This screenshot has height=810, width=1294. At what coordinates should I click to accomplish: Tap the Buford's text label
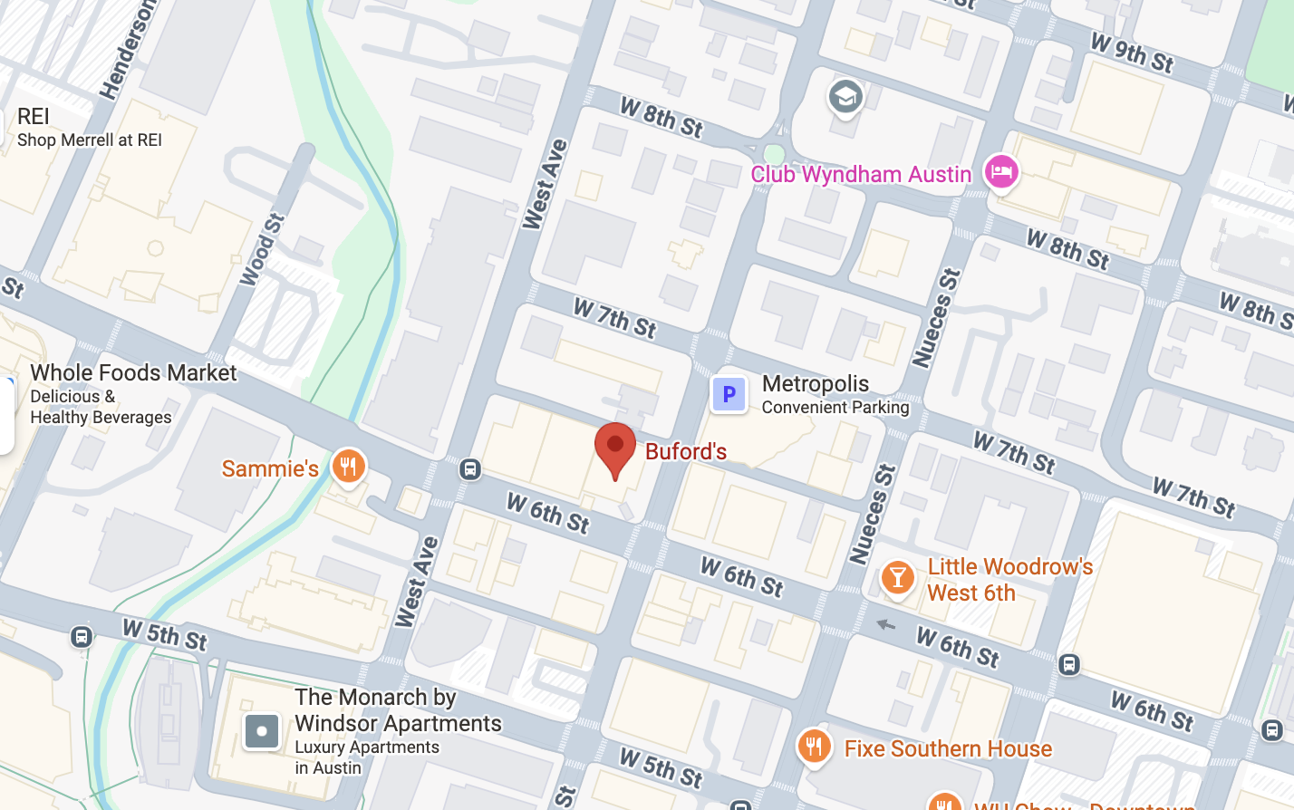(x=686, y=451)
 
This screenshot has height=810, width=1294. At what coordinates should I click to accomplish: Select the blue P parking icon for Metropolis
(x=729, y=394)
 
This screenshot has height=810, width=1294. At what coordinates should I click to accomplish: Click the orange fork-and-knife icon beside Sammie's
(x=348, y=467)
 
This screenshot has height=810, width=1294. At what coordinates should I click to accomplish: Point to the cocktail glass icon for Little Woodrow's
(x=897, y=577)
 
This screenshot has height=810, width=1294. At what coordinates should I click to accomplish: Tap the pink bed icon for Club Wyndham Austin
(x=1000, y=171)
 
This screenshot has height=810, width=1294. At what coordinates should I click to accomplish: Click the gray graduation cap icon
(x=845, y=96)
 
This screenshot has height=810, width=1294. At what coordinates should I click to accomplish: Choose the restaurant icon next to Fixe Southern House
(x=814, y=747)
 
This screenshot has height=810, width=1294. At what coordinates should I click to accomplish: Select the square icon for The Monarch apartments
(x=262, y=731)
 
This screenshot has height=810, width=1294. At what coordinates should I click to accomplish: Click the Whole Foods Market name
(x=133, y=372)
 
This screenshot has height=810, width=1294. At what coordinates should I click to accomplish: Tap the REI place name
(x=34, y=116)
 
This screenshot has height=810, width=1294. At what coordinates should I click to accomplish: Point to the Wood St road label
(x=263, y=250)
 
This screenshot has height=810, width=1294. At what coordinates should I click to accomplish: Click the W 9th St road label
(x=1132, y=53)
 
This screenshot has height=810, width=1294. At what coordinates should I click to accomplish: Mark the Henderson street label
(x=128, y=50)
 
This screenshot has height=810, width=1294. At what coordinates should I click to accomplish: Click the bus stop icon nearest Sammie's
(x=469, y=468)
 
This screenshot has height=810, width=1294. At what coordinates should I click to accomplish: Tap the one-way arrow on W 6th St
(x=885, y=624)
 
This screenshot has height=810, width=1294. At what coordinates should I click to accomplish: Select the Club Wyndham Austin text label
(x=861, y=174)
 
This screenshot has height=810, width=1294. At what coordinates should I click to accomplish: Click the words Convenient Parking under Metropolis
(x=835, y=408)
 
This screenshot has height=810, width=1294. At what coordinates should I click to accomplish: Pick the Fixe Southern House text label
(x=948, y=748)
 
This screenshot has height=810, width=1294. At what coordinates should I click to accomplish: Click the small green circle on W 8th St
(x=774, y=154)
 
